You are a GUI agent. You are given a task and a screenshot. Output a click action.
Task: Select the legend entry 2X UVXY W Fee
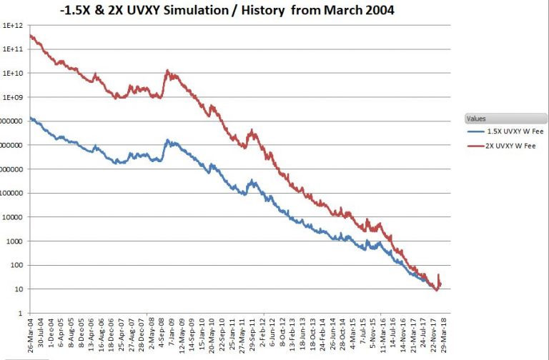(505, 146)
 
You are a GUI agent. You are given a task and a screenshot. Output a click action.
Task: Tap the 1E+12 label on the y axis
(13, 25)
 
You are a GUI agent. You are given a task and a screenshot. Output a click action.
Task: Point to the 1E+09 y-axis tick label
(13, 97)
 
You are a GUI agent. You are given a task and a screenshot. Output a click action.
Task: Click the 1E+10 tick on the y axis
(13, 73)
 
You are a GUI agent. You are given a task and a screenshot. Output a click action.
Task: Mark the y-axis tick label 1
(23, 313)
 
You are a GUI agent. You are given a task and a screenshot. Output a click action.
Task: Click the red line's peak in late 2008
(167, 71)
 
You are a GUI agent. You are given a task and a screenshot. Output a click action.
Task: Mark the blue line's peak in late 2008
(167, 141)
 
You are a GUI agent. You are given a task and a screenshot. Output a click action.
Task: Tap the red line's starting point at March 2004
(30, 35)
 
